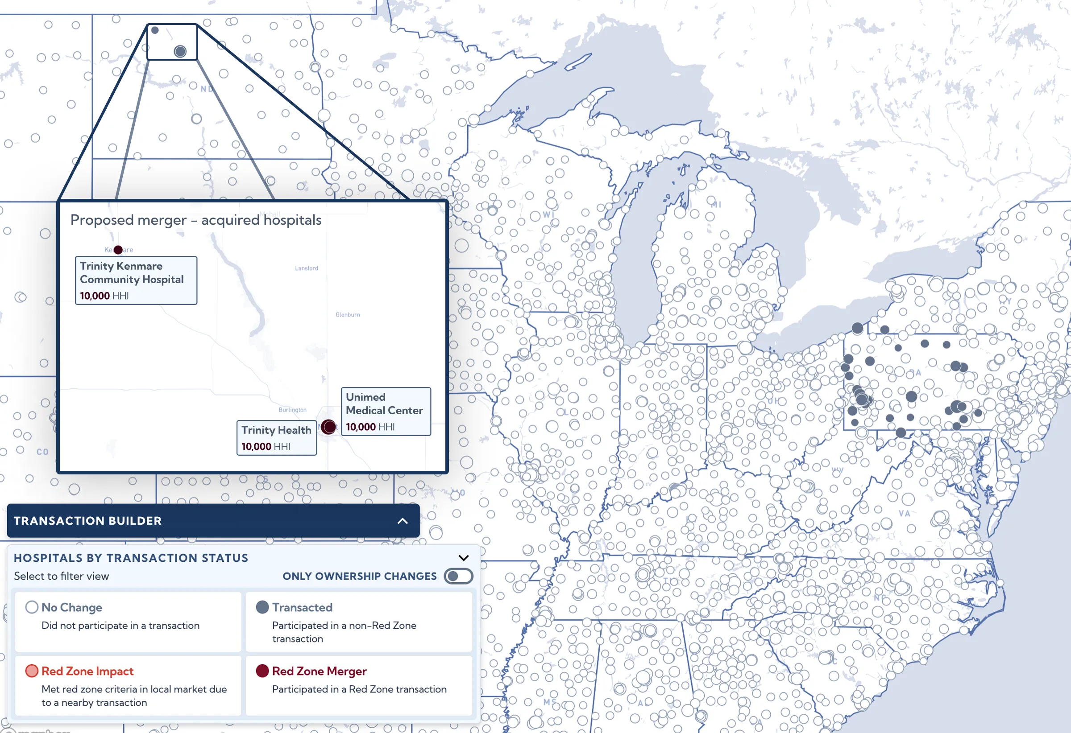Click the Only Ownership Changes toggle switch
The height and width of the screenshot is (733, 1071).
click(x=458, y=576)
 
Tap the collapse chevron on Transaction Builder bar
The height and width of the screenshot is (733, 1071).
click(x=403, y=521)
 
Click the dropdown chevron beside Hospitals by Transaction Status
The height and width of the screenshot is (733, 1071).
click(x=464, y=558)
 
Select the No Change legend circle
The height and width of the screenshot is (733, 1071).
click(x=32, y=607)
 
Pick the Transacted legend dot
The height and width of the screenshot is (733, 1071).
click(x=262, y=607)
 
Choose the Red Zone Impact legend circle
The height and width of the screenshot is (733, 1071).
click(x=32, y=671)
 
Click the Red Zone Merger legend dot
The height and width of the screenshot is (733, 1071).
click(x=262, y=671)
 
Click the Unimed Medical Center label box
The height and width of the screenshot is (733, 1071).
click(x=386, y=411)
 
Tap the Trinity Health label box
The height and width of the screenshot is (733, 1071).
click(x=277, y=437)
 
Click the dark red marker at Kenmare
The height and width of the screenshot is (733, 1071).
click(x=118, y=250)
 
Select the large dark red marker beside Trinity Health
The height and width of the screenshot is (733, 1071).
click(x=328, y=427)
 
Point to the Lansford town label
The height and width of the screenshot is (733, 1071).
click(x=307, y=268)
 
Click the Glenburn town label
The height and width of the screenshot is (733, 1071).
click(x=348, y=314)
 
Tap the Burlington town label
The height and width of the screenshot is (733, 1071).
click(x=292, y=410)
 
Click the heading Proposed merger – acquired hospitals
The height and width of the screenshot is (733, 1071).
click(x=196, y=220)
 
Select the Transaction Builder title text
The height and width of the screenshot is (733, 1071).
click(x=87, y=521)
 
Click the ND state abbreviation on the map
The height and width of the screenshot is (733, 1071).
click(x=207, y=89)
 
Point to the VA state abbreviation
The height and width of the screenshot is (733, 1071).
click(x=904, y=513)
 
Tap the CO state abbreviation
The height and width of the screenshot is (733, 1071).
click(x=42, y=452)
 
